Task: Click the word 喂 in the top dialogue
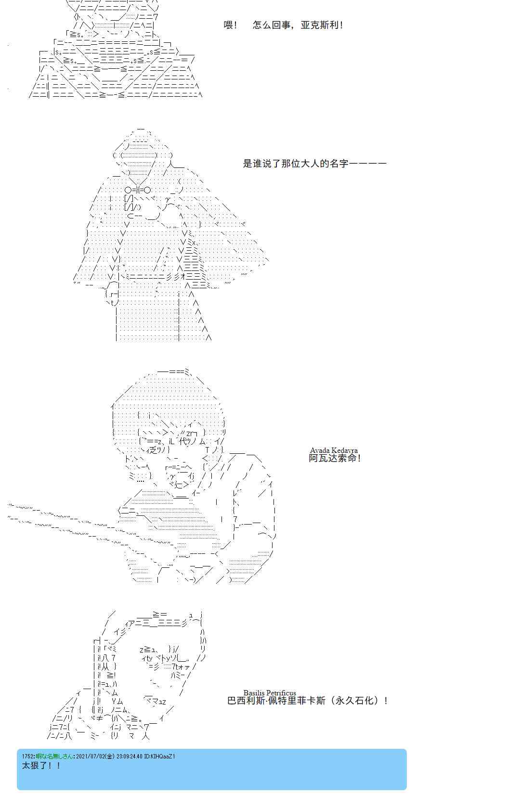228,25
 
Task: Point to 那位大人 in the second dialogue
300,164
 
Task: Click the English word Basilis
254,693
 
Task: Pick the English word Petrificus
281,693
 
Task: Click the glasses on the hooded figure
138,190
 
